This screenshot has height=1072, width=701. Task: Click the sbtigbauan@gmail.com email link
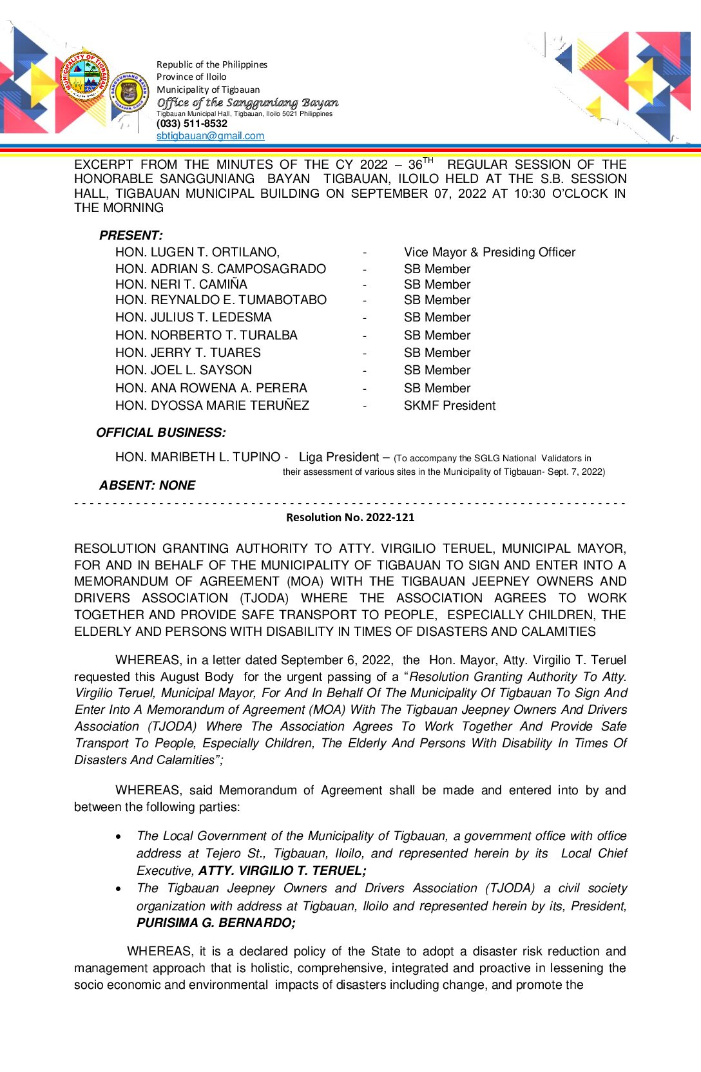coord(210,136)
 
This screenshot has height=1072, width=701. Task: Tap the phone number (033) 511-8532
coord(192,124)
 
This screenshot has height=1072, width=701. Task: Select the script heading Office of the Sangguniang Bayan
coord(247,102)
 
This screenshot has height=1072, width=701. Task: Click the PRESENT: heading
coord(131,235)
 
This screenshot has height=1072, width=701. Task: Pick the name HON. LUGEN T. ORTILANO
coord(197,252)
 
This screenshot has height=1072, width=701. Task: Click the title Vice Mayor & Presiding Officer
coord(490,252)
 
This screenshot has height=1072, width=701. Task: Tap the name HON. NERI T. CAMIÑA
coord(181,284)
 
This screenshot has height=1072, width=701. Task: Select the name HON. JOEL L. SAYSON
coord(184,370)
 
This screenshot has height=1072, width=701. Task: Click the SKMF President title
coord(450,405)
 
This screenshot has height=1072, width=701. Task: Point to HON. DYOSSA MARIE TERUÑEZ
coord(212,405)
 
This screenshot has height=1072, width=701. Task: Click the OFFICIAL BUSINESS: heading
coord(160,432)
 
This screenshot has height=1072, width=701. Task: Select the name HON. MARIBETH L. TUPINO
coord(198,457)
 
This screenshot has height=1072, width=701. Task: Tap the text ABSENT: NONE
coord(147,485)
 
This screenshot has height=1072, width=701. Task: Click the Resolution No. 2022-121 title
coord(350,517)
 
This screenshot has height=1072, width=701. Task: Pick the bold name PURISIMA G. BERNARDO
coord(215,923)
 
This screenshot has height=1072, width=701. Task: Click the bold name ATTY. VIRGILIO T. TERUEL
coord(282,870)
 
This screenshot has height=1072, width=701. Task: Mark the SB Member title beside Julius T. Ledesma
coord(437,317)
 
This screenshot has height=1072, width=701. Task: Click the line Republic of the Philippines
coord(212,64)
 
